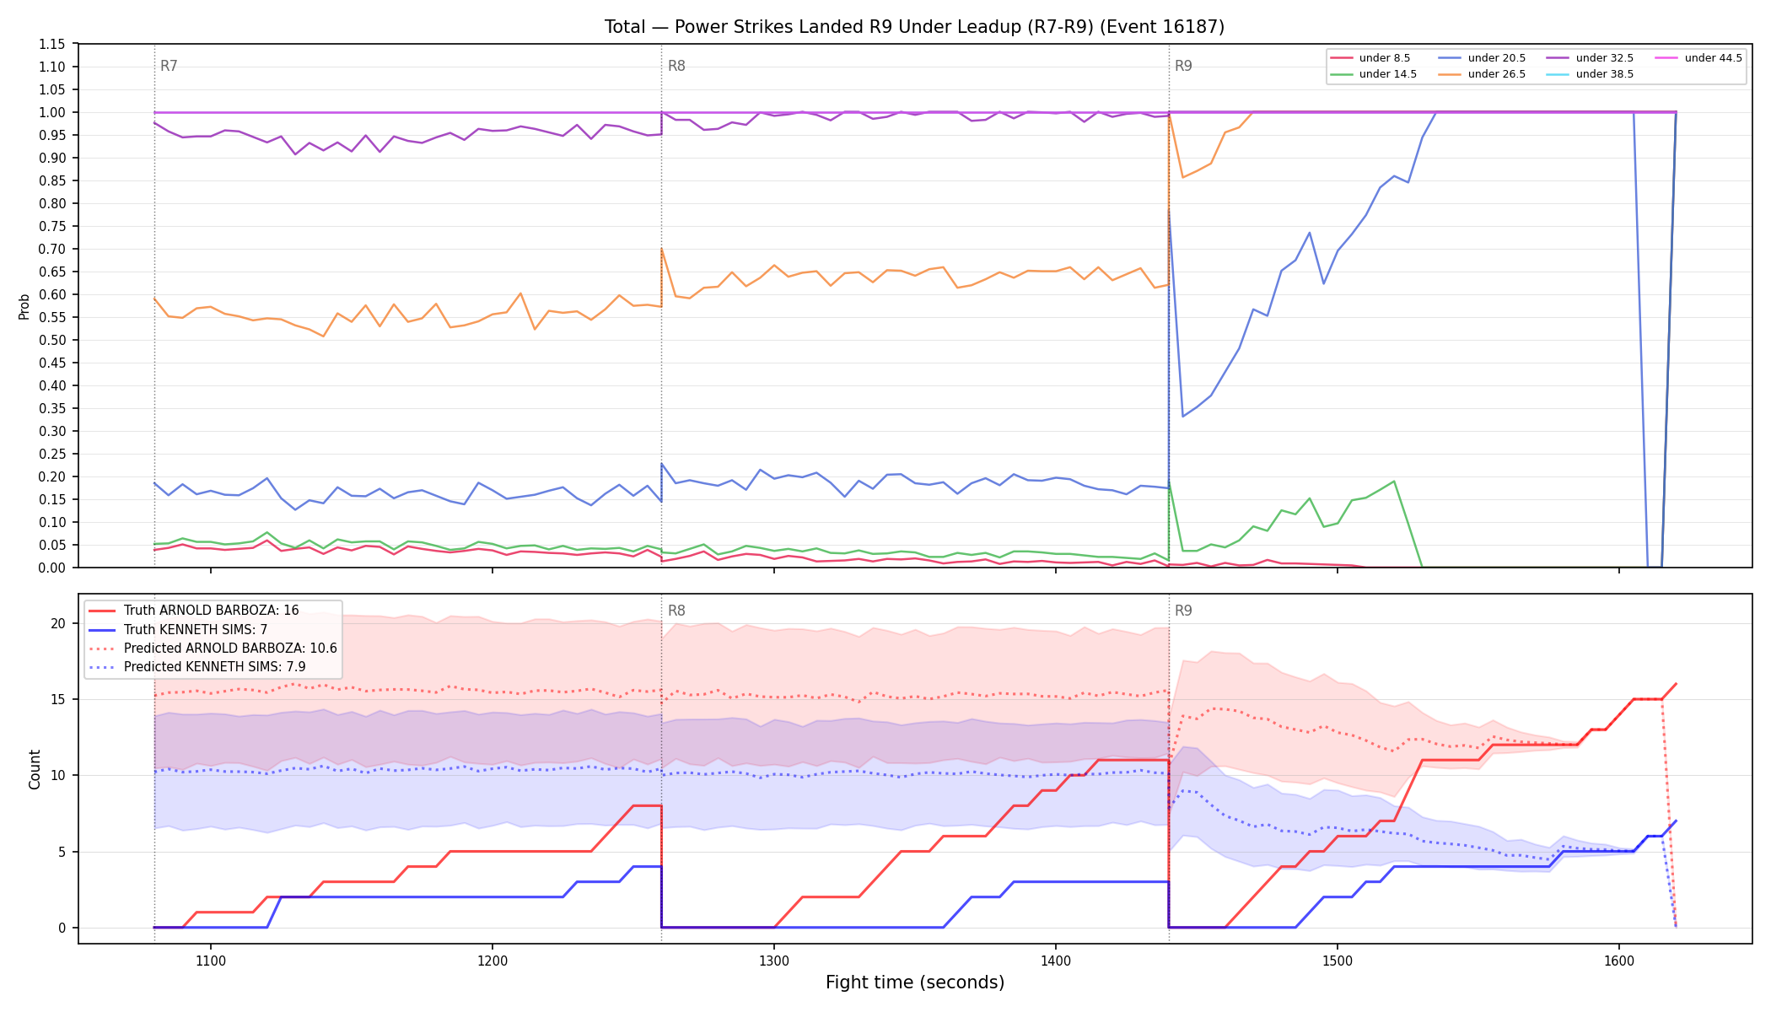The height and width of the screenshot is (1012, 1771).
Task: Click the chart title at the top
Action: coord(914,27)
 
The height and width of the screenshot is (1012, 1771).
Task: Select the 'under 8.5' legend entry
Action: coord(1370,58)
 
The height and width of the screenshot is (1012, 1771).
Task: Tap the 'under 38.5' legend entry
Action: coord(1591,74)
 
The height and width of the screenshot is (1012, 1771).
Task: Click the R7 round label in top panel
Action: coord(169,66)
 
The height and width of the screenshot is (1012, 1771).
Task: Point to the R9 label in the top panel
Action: coord(1183,66)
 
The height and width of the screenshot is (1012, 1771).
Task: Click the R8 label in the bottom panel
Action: coord(676,611)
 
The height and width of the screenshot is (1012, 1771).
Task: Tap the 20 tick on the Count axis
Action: coord(58,623)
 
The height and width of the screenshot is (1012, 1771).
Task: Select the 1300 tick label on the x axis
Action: coord(774,961)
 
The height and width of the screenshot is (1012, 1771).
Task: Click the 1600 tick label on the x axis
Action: coord(1619,961)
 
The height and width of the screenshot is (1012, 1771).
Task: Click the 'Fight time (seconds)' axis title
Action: coord(915,982)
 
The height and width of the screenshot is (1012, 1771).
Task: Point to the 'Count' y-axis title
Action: coord(35,769)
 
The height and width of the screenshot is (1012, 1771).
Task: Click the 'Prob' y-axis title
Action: coord(24,306)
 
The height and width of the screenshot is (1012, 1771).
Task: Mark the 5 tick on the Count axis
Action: coord(62,852)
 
